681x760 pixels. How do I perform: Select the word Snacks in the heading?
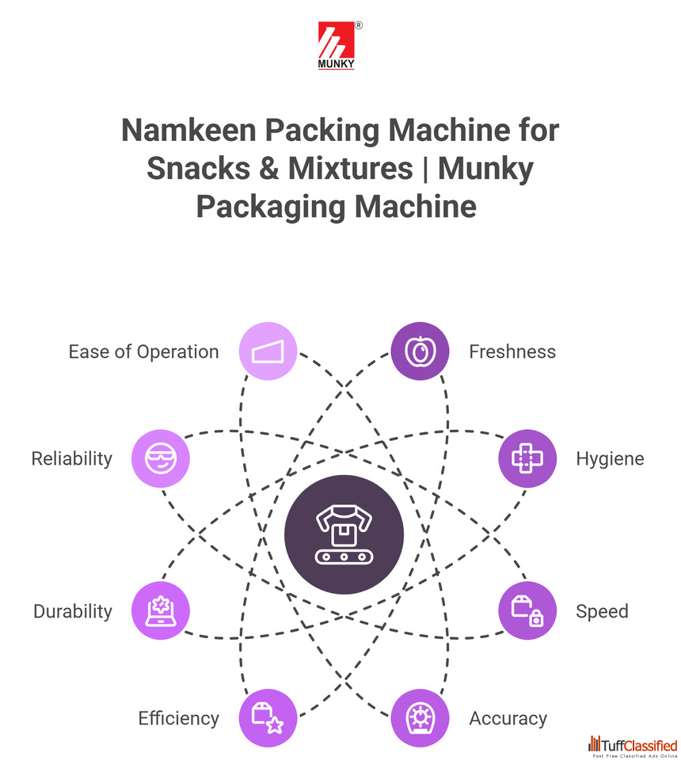199,169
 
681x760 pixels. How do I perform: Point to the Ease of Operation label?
143,351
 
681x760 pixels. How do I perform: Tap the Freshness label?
512,351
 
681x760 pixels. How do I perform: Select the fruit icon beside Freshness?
420,351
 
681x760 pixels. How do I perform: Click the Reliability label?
72,458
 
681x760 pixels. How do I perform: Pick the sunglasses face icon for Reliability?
162,458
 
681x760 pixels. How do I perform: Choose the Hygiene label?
610,458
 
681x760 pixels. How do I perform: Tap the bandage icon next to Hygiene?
527,458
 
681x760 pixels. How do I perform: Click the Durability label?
73,611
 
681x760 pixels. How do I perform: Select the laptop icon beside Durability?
162,610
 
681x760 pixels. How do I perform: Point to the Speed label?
602,611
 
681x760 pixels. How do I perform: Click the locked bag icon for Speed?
527,610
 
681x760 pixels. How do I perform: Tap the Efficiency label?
178,718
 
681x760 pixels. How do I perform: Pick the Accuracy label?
508,718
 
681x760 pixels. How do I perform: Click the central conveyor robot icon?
344,534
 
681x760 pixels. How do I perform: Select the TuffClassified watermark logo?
633,746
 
